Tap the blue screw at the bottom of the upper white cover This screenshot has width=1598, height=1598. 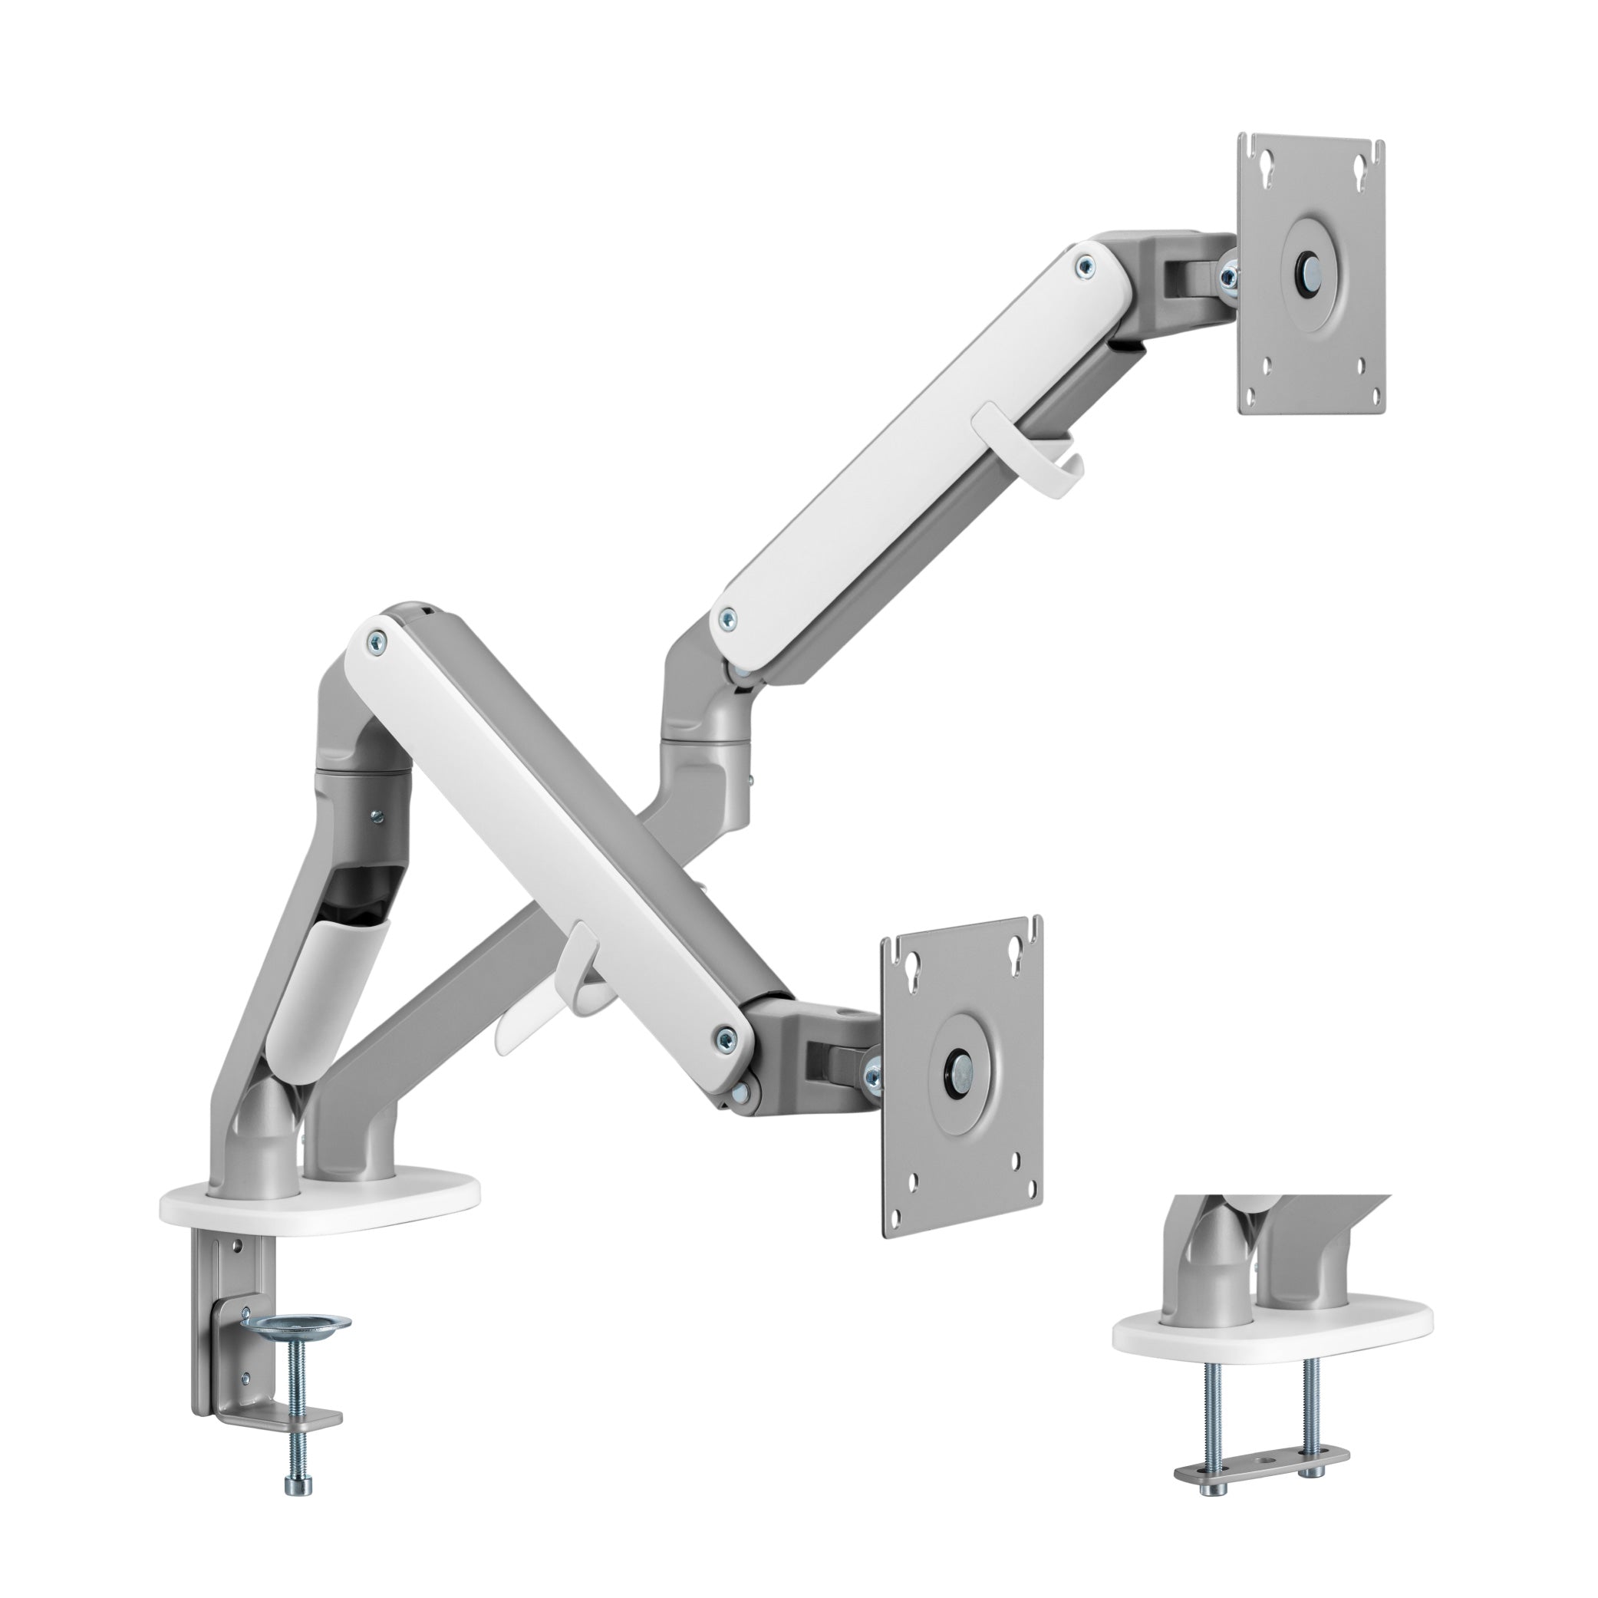(x=727, y=616)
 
